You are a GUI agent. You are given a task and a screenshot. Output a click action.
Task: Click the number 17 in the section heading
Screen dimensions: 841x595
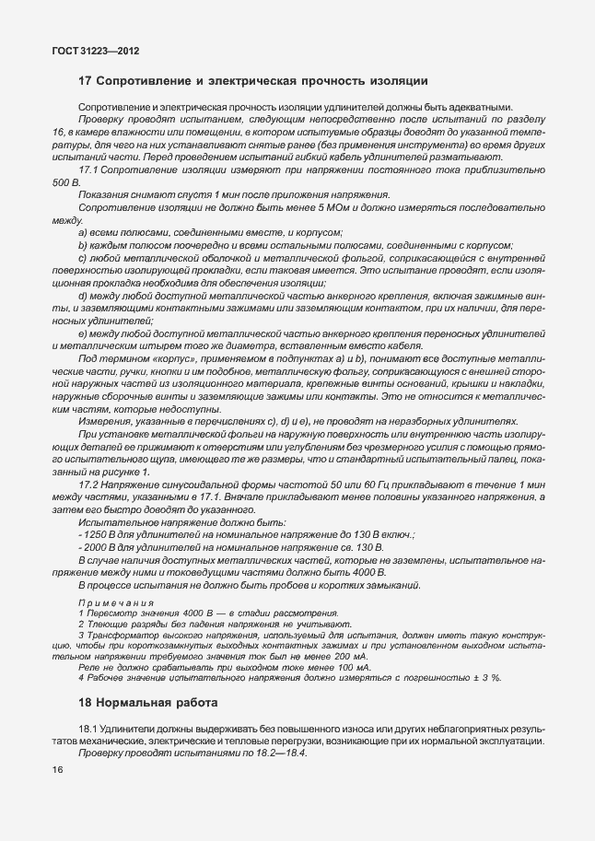click(x=86, y=82)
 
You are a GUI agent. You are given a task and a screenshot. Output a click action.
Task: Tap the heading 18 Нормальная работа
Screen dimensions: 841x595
click(x=148, y=704)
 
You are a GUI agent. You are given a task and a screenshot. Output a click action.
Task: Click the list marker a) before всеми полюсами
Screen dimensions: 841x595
click(x=84, y=233)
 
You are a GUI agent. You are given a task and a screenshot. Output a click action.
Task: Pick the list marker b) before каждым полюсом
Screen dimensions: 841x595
click(x=84, y=246)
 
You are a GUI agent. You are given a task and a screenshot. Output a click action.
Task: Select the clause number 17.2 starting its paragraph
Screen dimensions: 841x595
click(x=91, y=484)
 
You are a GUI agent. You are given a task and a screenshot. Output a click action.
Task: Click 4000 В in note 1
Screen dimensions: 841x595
click(x=181, y=612)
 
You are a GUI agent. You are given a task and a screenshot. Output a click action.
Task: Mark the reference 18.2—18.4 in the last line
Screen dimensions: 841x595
click(x=275, y=753)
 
